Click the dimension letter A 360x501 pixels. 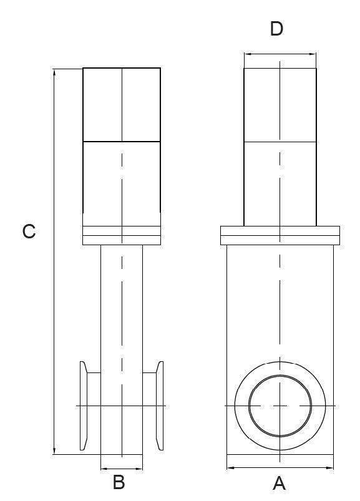point(279,483)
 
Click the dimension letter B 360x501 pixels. point(119,482)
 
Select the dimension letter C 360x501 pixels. point(29,231)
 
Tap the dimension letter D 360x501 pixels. point(276,29)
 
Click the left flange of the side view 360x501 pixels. point(84,406)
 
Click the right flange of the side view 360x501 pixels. point(160,406)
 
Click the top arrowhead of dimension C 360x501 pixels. point(54,72)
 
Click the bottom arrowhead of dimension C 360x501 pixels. point(54,450)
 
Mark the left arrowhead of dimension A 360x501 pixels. point(230,468)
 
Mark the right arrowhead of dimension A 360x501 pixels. point(329,468)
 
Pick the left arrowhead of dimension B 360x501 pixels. point(104,469)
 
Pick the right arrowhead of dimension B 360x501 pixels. point(139,469)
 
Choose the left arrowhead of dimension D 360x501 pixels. point(248,54)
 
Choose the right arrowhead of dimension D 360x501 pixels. point(313,54)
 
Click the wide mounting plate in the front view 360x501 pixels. point(280,235)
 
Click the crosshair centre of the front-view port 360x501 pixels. point(280,406)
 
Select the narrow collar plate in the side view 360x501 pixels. point(122,235)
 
